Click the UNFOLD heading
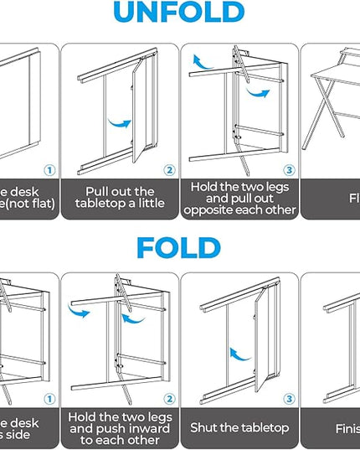[179, 13]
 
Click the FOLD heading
[179, 248]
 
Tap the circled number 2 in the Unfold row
[168, 170]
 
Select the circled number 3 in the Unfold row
[289, 170]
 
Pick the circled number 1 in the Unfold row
[49, 170]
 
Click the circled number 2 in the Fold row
[168, 399]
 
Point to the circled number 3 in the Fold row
[289, 399]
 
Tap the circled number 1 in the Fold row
[49, 399]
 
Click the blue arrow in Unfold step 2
[121, 124]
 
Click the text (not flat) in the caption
[26, 204]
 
